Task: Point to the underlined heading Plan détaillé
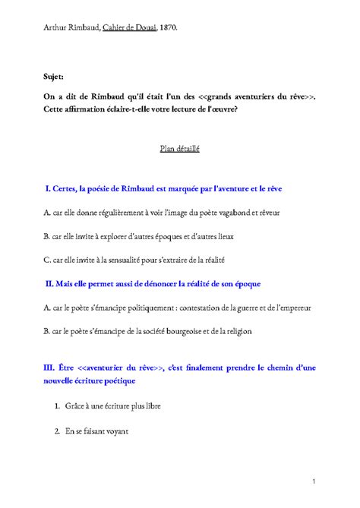tap(179, 150)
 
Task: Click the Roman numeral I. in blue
tap(48, 188)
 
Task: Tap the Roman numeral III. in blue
tap(52, 368)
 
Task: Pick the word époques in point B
tap(182, 235)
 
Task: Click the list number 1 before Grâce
tap(58, 406)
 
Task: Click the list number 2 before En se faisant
tap(58, 431)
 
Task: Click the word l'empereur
tap(292, 308)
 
